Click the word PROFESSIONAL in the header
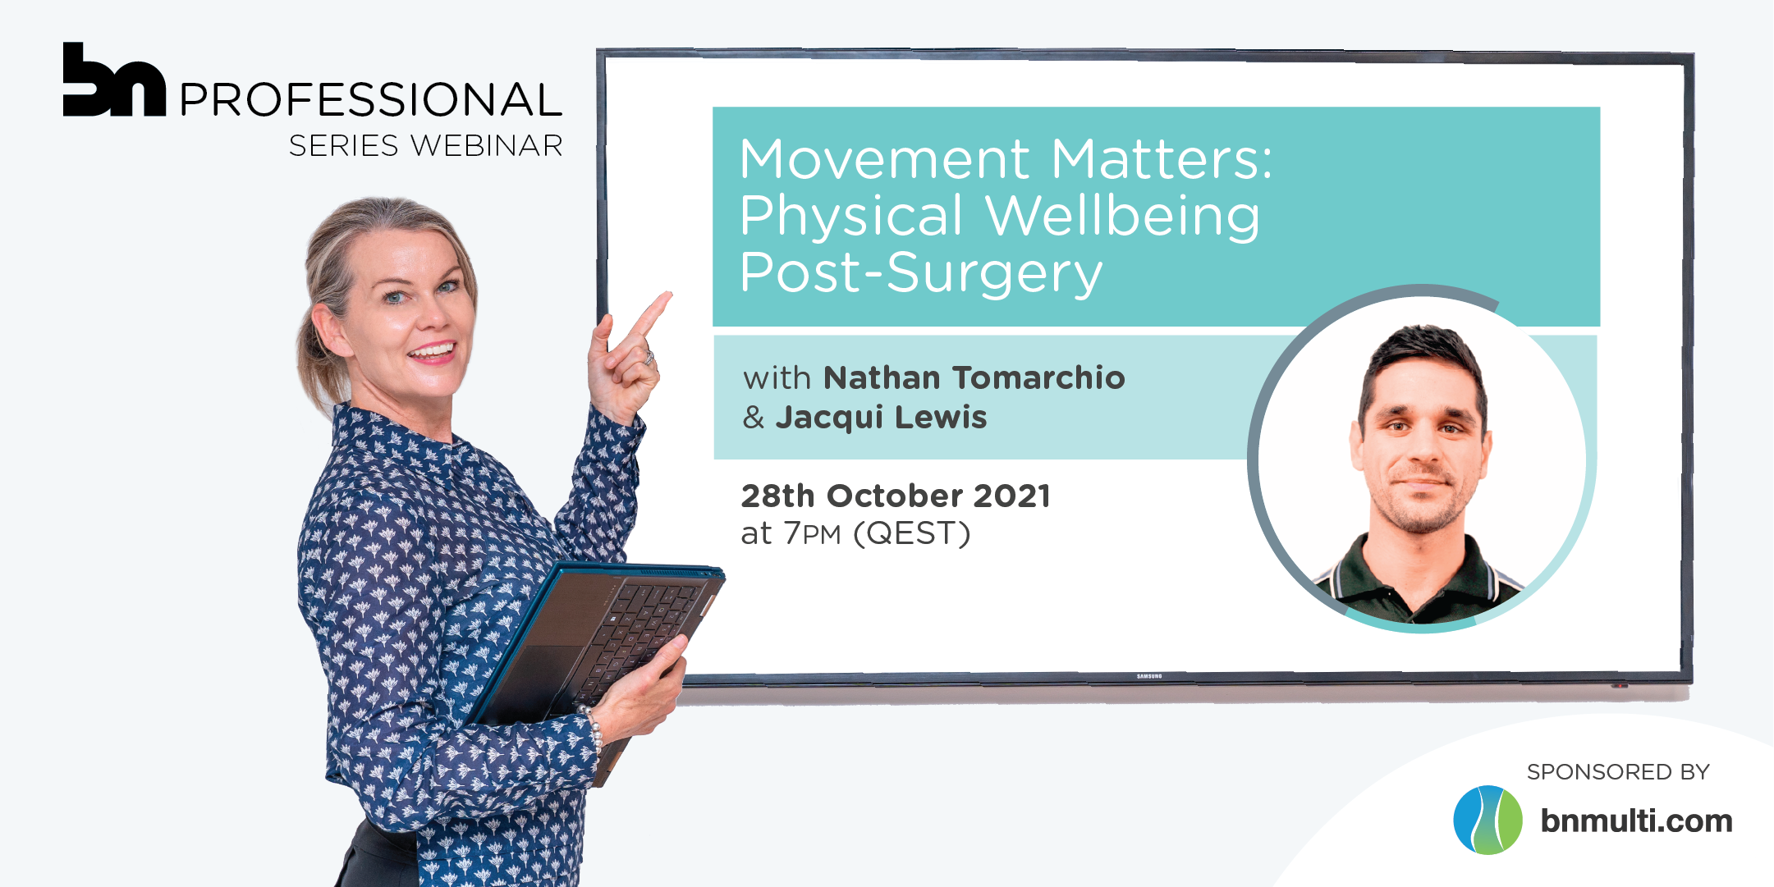(x=371, y=100)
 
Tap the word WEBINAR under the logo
(x=488, y=146)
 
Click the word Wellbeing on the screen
(x=1122, y=216)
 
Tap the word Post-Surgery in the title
(x=921, y=273)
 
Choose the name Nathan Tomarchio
(x=974, y=377)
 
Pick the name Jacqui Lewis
(x=882, y=417)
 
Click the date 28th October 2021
(x=896, y=496)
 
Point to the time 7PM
(x=813, y=533)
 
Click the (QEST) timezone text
(x=912, y=534)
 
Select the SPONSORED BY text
(x=1618, y=772)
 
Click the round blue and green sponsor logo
(x=1488, y=821)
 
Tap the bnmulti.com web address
(x=1636, y=821)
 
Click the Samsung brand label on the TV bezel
(x=1149, y=676)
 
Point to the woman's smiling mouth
(x=433, y=353)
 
